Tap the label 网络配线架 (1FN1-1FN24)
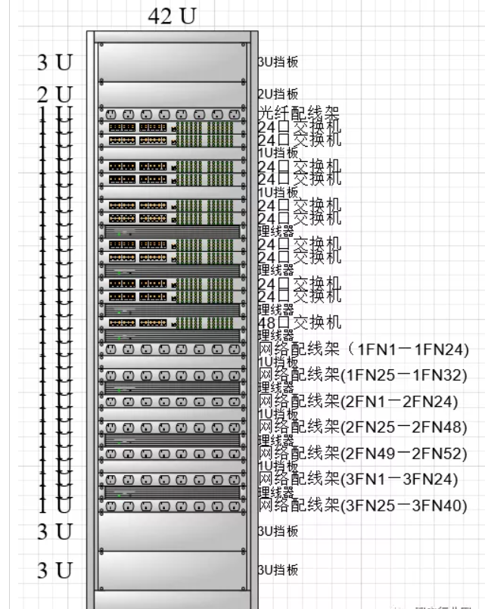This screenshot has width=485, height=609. tap(364, 350)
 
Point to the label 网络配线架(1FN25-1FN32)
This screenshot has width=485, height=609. tap(363, 375)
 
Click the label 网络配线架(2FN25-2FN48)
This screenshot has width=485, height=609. tap(363, 427)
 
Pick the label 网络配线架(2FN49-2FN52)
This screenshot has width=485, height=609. tap(363, 454)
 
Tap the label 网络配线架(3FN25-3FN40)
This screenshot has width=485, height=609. tap(363, 505)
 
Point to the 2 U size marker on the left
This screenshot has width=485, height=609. tap(56, 95)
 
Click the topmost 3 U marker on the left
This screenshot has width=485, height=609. tap(56, 63)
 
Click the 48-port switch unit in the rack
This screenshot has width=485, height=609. tap(171, 323)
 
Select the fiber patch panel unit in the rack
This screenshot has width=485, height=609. tap(171, 114)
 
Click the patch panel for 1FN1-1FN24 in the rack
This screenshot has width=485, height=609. tap(171, 350)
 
